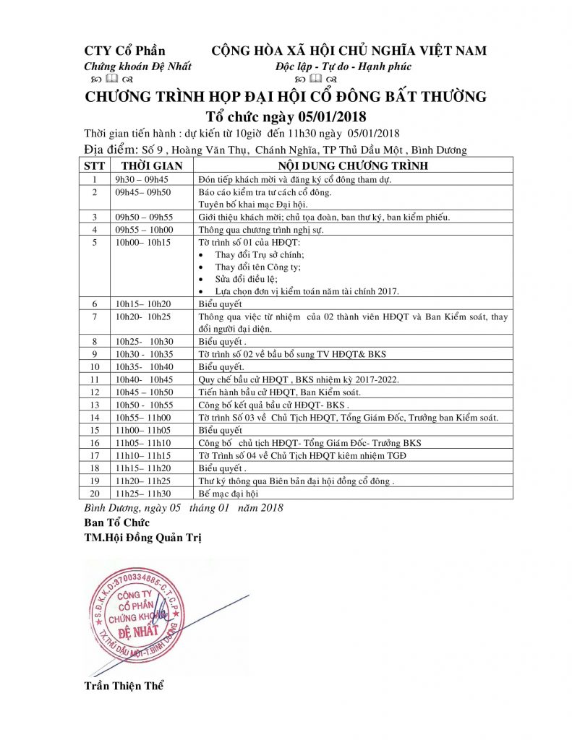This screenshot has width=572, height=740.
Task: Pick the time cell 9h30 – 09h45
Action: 141,178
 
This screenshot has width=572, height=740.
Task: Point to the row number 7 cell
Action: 93,316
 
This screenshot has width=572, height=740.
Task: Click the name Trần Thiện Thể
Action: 124,685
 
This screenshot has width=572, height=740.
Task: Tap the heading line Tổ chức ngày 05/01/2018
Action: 286,116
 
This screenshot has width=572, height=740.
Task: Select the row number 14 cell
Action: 93,418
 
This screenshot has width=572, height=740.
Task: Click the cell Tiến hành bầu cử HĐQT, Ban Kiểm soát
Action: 279,392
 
